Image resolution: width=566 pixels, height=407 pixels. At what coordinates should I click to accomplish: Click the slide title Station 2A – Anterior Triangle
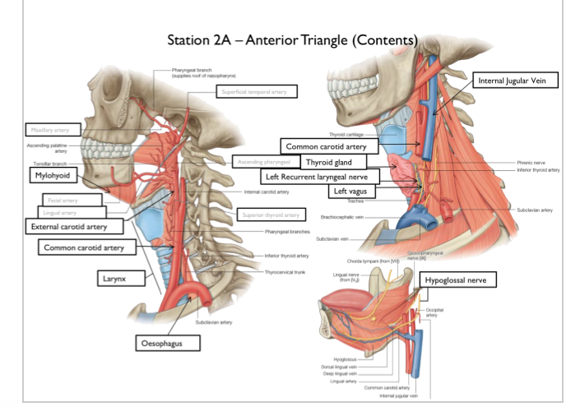tap(292, 39)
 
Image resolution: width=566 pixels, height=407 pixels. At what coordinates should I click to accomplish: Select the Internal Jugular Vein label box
tap(517, 80)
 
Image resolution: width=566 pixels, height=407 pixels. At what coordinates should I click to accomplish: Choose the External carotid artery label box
tap(75, 225)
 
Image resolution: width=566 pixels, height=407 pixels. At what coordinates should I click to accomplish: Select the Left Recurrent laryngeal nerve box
tap(319, 176)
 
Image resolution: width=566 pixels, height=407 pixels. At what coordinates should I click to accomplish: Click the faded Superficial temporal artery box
tap(257, 92)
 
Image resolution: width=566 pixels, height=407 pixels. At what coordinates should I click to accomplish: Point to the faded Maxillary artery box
tap(51, 130)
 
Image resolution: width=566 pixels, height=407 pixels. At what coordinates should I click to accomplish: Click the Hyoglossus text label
tap(345, 359)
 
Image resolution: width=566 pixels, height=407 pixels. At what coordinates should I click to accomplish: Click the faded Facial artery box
tap(63, 200)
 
